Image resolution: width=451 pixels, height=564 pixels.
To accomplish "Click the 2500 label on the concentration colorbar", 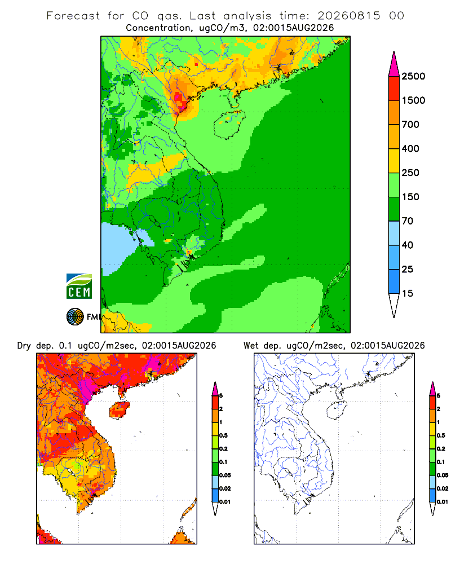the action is [413, 76].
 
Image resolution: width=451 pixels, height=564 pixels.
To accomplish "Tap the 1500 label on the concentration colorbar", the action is [413, 100].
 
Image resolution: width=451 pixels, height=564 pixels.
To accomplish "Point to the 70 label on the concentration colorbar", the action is [408, 221].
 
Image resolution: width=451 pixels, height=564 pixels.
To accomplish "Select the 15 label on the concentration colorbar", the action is [408, 293].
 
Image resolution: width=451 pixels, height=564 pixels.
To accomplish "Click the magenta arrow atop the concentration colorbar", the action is [394, 65].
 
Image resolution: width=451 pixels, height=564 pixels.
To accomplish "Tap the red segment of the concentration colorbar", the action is [394, 89].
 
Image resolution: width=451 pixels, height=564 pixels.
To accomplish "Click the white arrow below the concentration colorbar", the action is [394, 305].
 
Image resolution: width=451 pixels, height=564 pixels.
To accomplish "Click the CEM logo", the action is [79, 287].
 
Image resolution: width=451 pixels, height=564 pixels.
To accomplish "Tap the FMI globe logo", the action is [75, 317].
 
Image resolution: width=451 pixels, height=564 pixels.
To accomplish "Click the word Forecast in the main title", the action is [73, 16].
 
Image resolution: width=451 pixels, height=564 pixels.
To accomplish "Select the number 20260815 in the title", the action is [348, 16].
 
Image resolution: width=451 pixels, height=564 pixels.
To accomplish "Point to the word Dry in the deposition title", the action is [24, 346].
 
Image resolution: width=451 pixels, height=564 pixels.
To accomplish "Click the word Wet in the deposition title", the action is [251, 346].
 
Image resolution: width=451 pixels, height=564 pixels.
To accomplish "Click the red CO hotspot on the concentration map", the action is [179, 98].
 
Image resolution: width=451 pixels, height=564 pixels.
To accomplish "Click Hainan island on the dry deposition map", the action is [120, 410].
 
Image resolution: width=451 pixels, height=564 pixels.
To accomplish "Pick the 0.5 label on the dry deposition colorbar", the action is [223, 435].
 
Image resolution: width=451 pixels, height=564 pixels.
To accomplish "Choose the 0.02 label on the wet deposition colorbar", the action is [443, 488].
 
